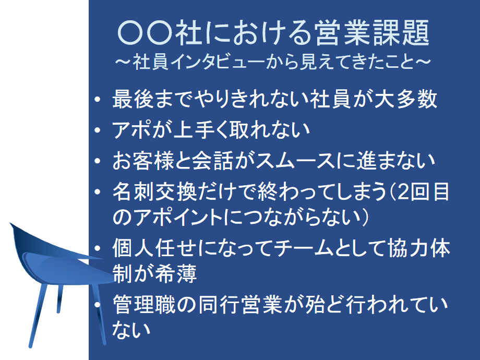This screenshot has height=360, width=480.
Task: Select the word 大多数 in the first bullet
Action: point(405,99)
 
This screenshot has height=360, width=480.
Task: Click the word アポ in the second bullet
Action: point(131,129)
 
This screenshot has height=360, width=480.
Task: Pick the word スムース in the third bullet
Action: point(295,161)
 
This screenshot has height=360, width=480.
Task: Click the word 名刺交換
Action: point(155,191)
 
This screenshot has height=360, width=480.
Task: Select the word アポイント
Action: point(178,217)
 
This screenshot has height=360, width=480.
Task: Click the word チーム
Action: point(303,248)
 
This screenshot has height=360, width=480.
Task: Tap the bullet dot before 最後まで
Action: point(98,99)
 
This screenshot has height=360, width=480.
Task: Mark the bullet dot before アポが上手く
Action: point(98,130)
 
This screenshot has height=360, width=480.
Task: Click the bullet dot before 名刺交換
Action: point(98,192)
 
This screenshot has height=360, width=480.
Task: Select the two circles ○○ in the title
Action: point(145,33)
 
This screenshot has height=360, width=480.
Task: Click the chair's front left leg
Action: point(39,315)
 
